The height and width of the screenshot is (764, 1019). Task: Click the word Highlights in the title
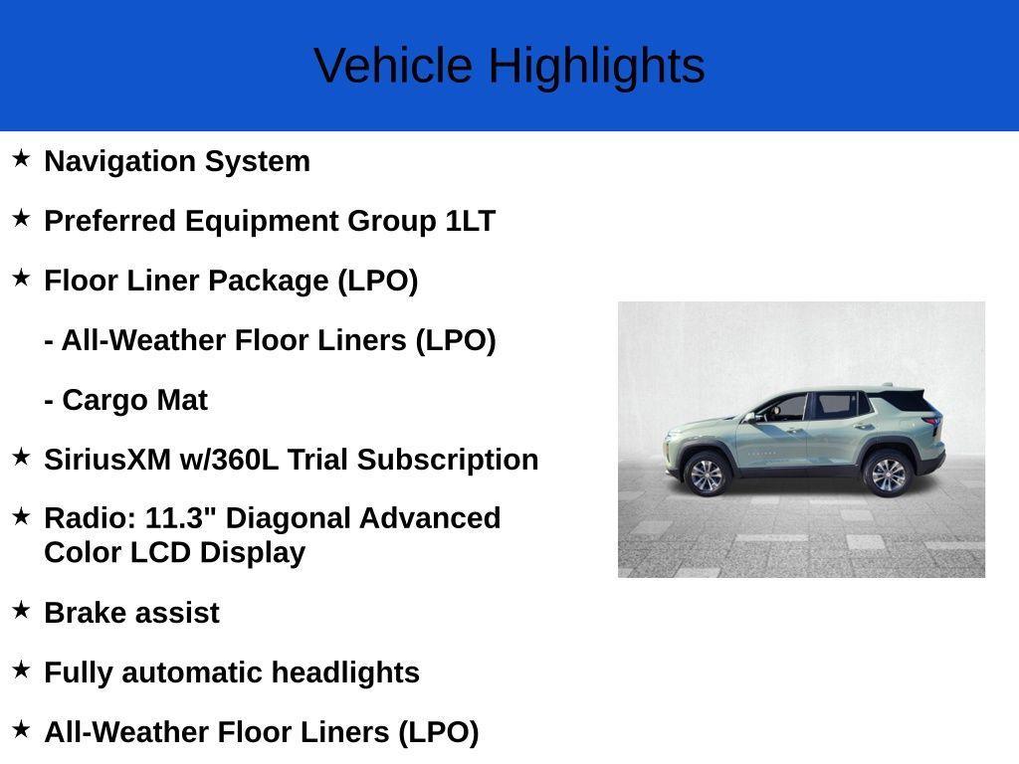click(x=596, y=67)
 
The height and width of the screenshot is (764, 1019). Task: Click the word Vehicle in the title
click(x=393, y=67)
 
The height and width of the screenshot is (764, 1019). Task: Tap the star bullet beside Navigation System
click(x=21, y=158)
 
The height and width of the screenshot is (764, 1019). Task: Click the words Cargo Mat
click(x=134, y=400)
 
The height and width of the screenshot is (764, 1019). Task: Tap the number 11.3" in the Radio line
click(x=181, y=518)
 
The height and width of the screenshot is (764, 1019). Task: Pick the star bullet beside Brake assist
click(x=21, y=610)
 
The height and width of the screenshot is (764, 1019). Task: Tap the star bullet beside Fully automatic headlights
click(x=21, y=669)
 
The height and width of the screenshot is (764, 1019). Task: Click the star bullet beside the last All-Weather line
click(x=21, y=729)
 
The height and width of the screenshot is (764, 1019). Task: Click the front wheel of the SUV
click(x=707, y=475)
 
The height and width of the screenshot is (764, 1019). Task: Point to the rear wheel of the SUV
click(x=888, y=474)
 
